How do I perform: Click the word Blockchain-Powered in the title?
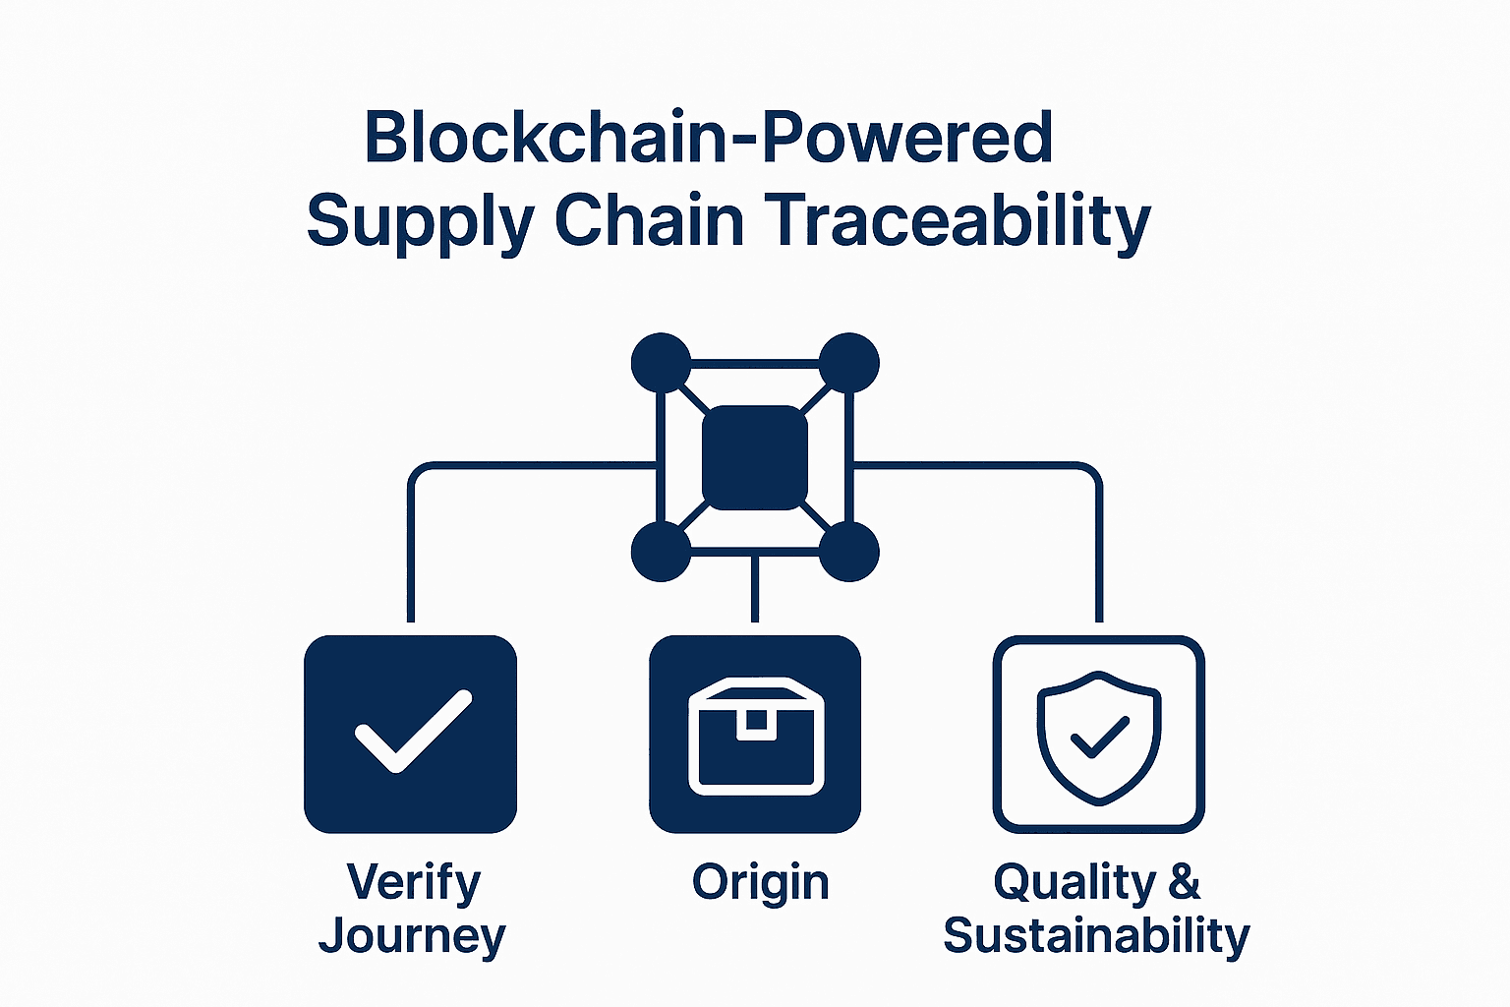[708, 138]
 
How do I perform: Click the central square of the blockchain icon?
[755, 457]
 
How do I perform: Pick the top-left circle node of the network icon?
[661, 363]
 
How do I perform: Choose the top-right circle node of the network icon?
[848, 363]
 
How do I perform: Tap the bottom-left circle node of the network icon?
[661, 552]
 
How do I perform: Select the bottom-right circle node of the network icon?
[848, 552]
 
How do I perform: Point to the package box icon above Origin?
[756, 736]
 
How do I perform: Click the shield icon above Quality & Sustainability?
[1099, 739]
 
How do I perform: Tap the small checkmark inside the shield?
[1099, 738]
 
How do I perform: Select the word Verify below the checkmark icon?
[413, 882]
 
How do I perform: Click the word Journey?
[412, 936]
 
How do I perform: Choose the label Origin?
[760, 883]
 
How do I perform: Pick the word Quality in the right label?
[1074, 883]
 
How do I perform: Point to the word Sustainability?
[1097, 936]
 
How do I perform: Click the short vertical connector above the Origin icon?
[755, 588]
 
